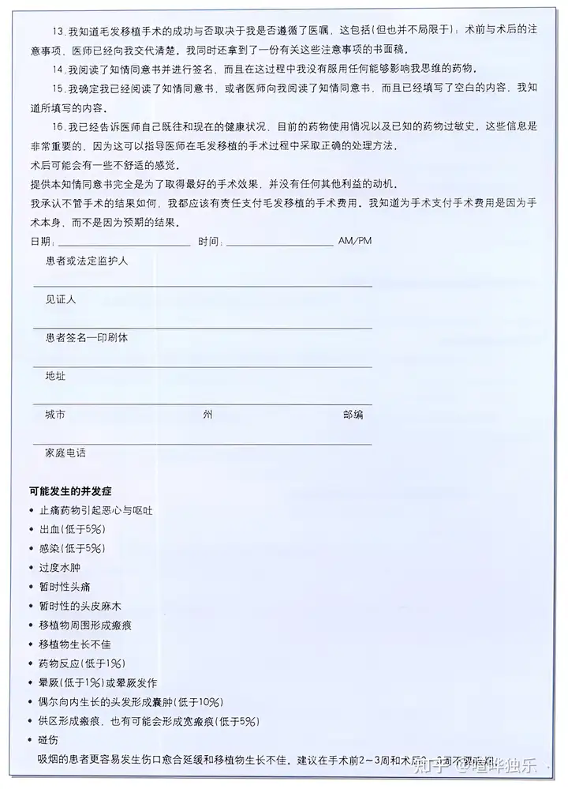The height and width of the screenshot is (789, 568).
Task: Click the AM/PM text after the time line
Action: pyautogui.click(x=354, y=240)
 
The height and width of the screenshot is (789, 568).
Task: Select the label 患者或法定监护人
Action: pyautogui.click(x=87, y=261)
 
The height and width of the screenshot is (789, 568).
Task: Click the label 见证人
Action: pyautogui.click(x=61, y=300)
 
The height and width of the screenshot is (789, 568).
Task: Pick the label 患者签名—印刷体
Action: pyautogui.click(x=87, y=337)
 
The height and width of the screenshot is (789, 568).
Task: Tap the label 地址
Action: pyautogui.click(x=56, y=375)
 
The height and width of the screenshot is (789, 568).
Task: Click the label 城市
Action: pyautogui.click(x=56, y=414)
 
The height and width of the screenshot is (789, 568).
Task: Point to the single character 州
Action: pyautogui.click(x=207, y=414)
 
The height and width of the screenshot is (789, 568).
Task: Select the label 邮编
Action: pyautogui.click(x=353, y=414)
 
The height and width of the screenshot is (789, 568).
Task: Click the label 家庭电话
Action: pyautogui.click(x=65, y=453)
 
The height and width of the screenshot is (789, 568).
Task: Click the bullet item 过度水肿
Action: pyautogui.click(x=60, y=567)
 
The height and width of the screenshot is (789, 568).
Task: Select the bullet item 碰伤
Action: pyautogui.click(x=49, y=740)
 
